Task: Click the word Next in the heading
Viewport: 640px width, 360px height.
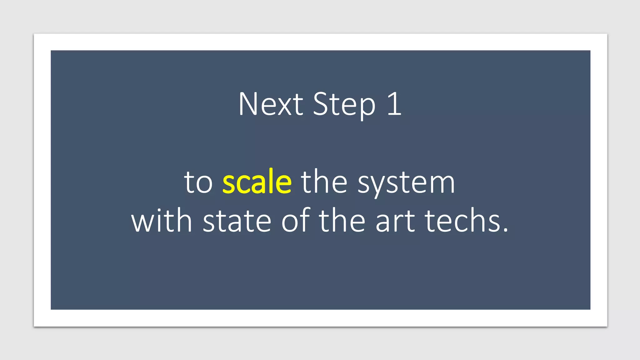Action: point(271,104)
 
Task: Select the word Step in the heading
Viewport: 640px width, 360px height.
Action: point(344,105)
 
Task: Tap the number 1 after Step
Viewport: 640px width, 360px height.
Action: point(395,104)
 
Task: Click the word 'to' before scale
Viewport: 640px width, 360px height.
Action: point(198,182)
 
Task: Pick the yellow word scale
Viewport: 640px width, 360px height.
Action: point(257,181)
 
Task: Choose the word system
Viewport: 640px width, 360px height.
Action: point(406,184)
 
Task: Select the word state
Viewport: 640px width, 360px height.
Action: point(237,221)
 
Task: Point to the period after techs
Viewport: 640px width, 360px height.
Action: point(506,230)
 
